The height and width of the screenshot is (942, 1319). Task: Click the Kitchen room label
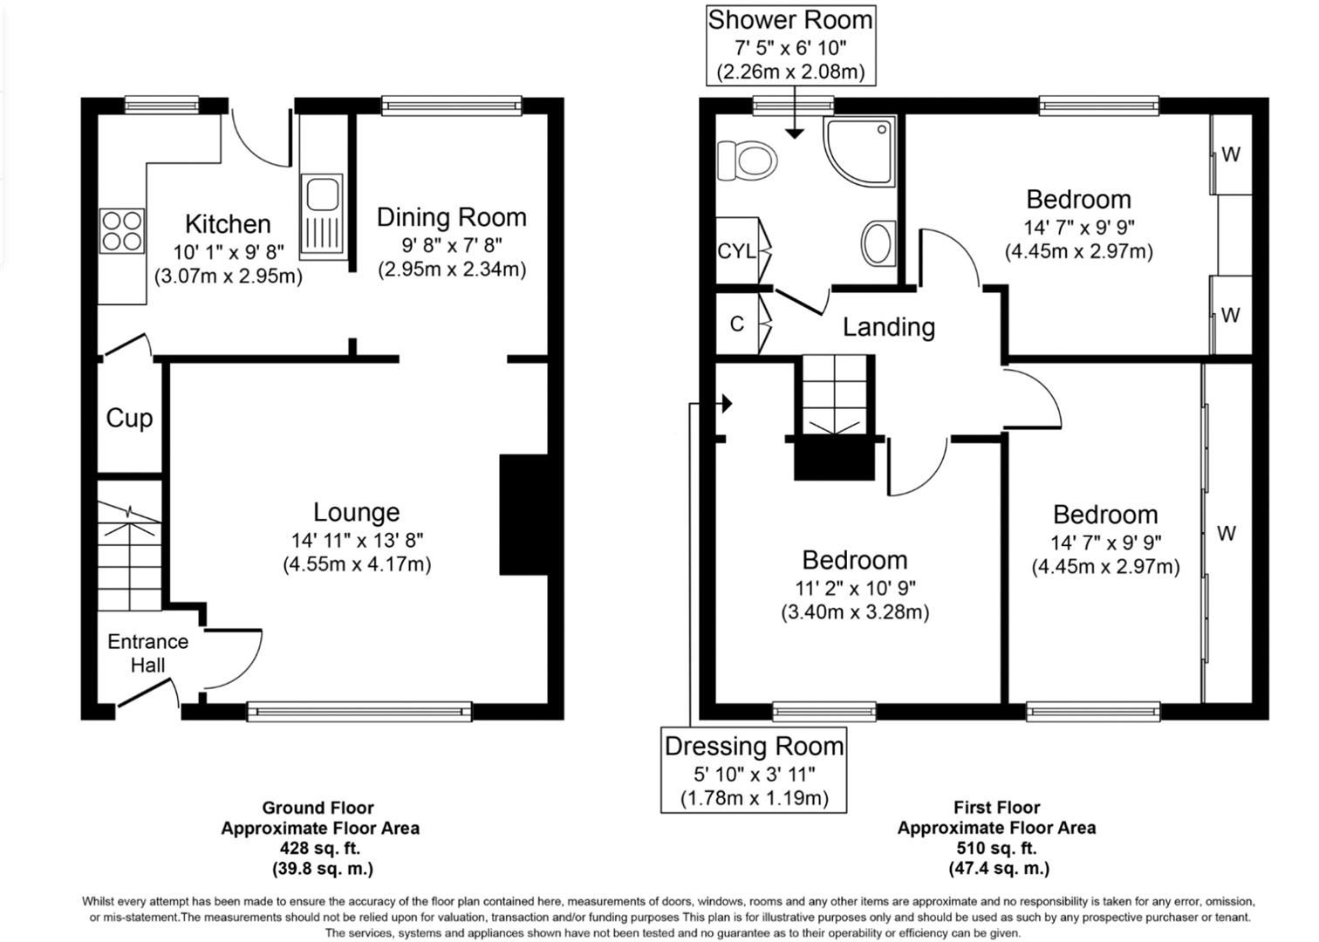[228, 224]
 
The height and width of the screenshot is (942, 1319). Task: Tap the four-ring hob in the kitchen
[122, 231]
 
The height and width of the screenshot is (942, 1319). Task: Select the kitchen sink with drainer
[322, 216]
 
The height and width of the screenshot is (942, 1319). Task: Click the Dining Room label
[452, 217]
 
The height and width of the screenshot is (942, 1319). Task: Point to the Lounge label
[357, 512]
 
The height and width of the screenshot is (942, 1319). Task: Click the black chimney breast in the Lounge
[523, 515]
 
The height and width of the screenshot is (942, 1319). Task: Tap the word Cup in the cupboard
[129, 419]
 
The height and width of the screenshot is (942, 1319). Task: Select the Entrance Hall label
[147, 653]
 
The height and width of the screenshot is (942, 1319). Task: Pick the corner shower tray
[860, 151]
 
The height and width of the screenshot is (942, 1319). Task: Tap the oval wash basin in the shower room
[878, 243]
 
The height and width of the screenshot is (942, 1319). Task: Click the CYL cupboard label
[736, 251]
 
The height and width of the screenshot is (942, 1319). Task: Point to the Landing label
[889, 327]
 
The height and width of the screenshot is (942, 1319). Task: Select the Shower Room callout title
[790, 20]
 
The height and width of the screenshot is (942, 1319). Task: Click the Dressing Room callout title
[755, 747]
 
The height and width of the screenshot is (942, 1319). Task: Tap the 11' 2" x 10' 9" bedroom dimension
[856, 588]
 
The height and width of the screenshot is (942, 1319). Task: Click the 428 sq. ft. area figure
[320, 849]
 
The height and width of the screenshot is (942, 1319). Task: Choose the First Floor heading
[997, 807]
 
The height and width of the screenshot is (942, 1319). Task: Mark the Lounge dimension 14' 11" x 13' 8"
[358, 540]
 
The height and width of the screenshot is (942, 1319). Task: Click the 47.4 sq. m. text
[999, 869]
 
